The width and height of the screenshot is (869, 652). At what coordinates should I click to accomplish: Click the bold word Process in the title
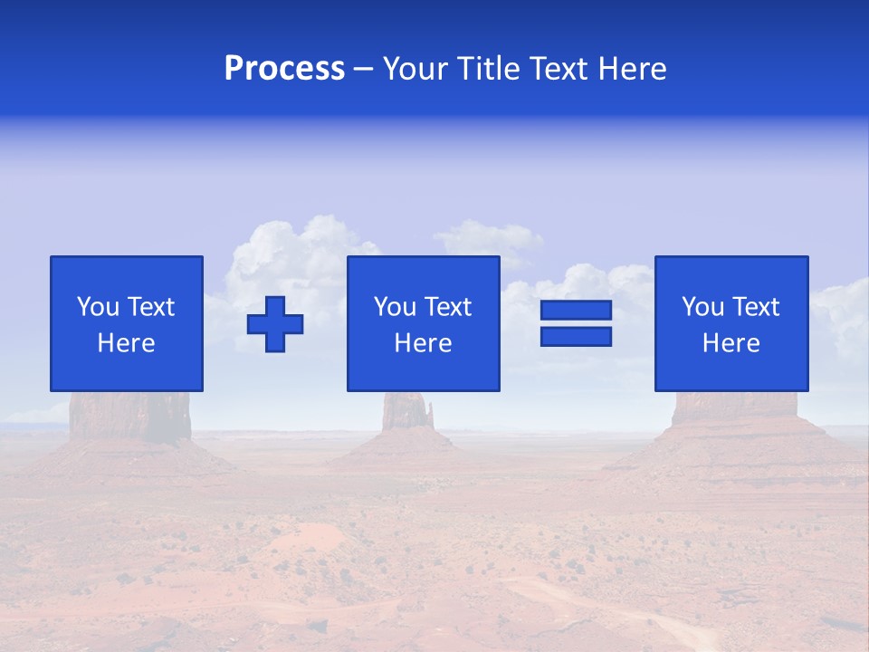point(284,69)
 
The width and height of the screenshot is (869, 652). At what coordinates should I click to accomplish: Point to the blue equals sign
point(576,323)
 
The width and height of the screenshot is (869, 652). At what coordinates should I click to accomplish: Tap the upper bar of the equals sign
point(576,311)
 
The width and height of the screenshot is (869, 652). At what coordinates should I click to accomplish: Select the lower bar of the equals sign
point(576,336)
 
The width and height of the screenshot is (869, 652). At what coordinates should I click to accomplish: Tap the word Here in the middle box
point(424,343)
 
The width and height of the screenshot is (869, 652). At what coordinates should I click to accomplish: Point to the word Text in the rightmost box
point(756,307)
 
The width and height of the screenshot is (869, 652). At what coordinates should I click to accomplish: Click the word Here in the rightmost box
point(731,343)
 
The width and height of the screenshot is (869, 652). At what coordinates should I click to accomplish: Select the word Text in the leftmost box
point(150,307)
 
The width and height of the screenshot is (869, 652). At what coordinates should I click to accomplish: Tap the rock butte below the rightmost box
point(733,412)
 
